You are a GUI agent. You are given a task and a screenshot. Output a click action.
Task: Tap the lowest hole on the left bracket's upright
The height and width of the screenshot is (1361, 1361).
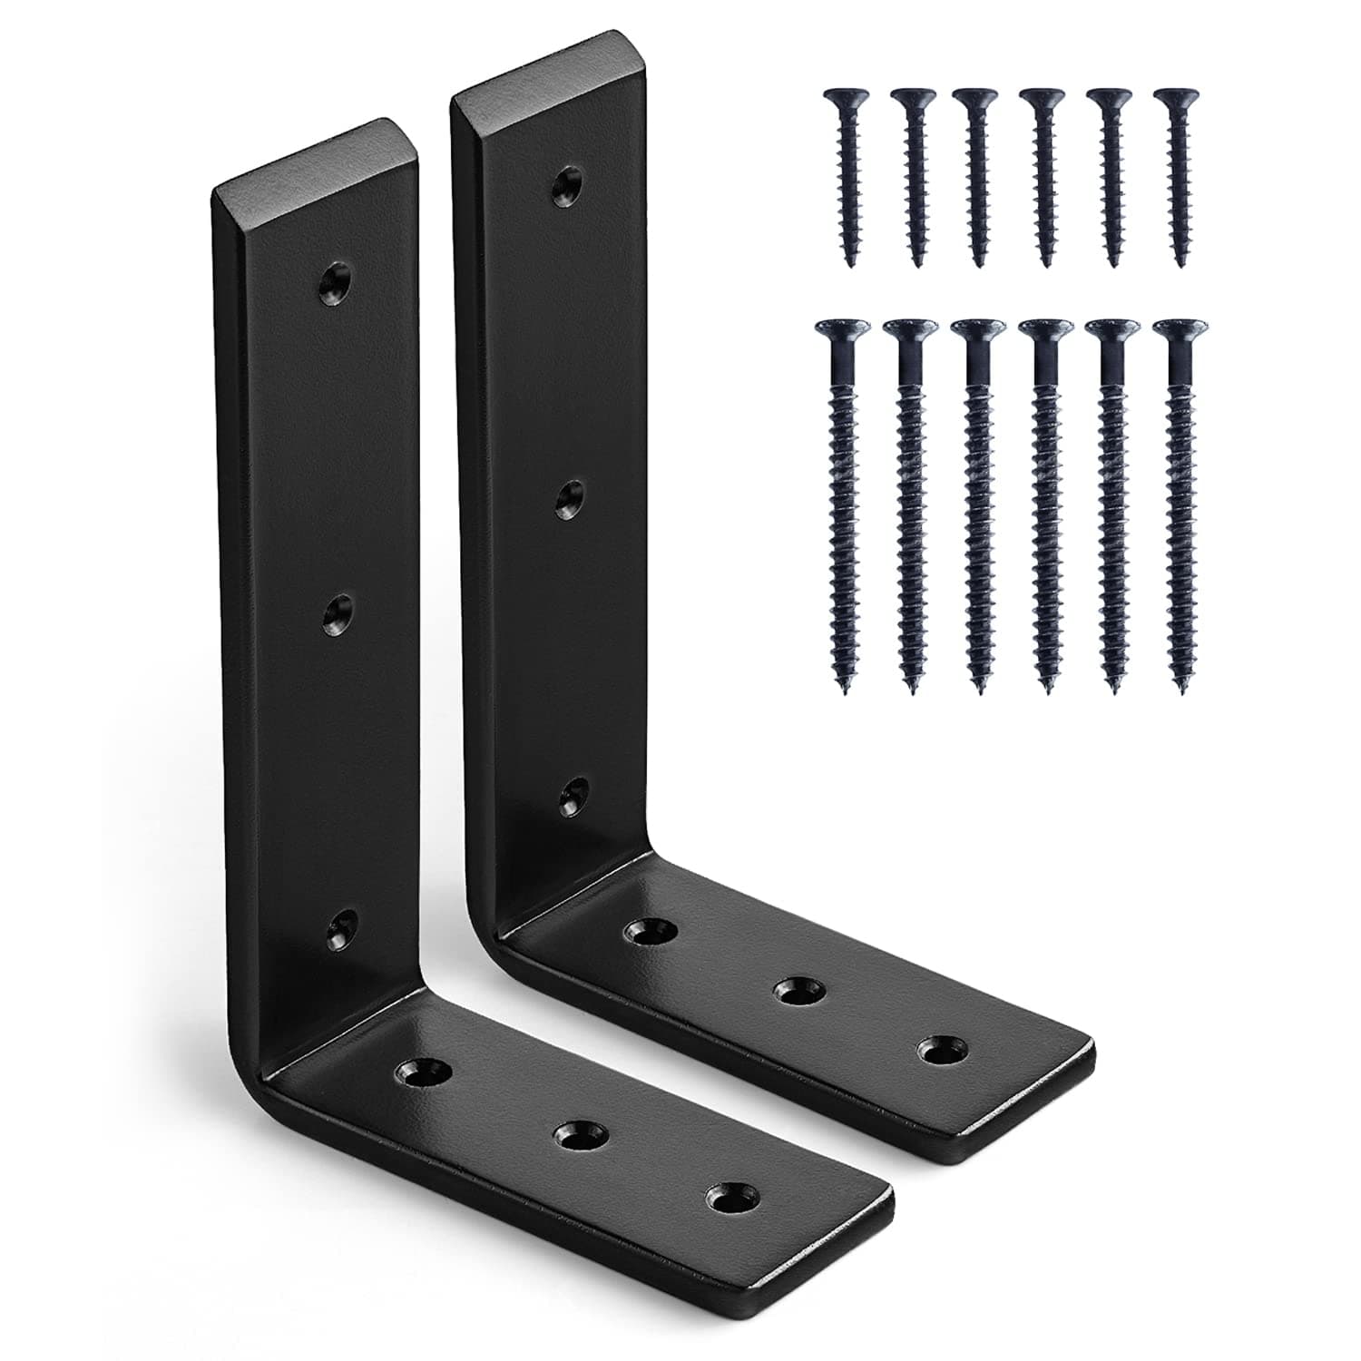pyautogui.click(x=342, y=925)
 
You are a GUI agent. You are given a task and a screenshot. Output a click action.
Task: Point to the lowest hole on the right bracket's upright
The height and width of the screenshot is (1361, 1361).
pyautogui.click(x=572, y=798)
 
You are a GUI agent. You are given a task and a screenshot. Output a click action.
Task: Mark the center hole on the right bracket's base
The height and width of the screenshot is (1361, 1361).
pyautogui.click(x=798, y=990)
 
